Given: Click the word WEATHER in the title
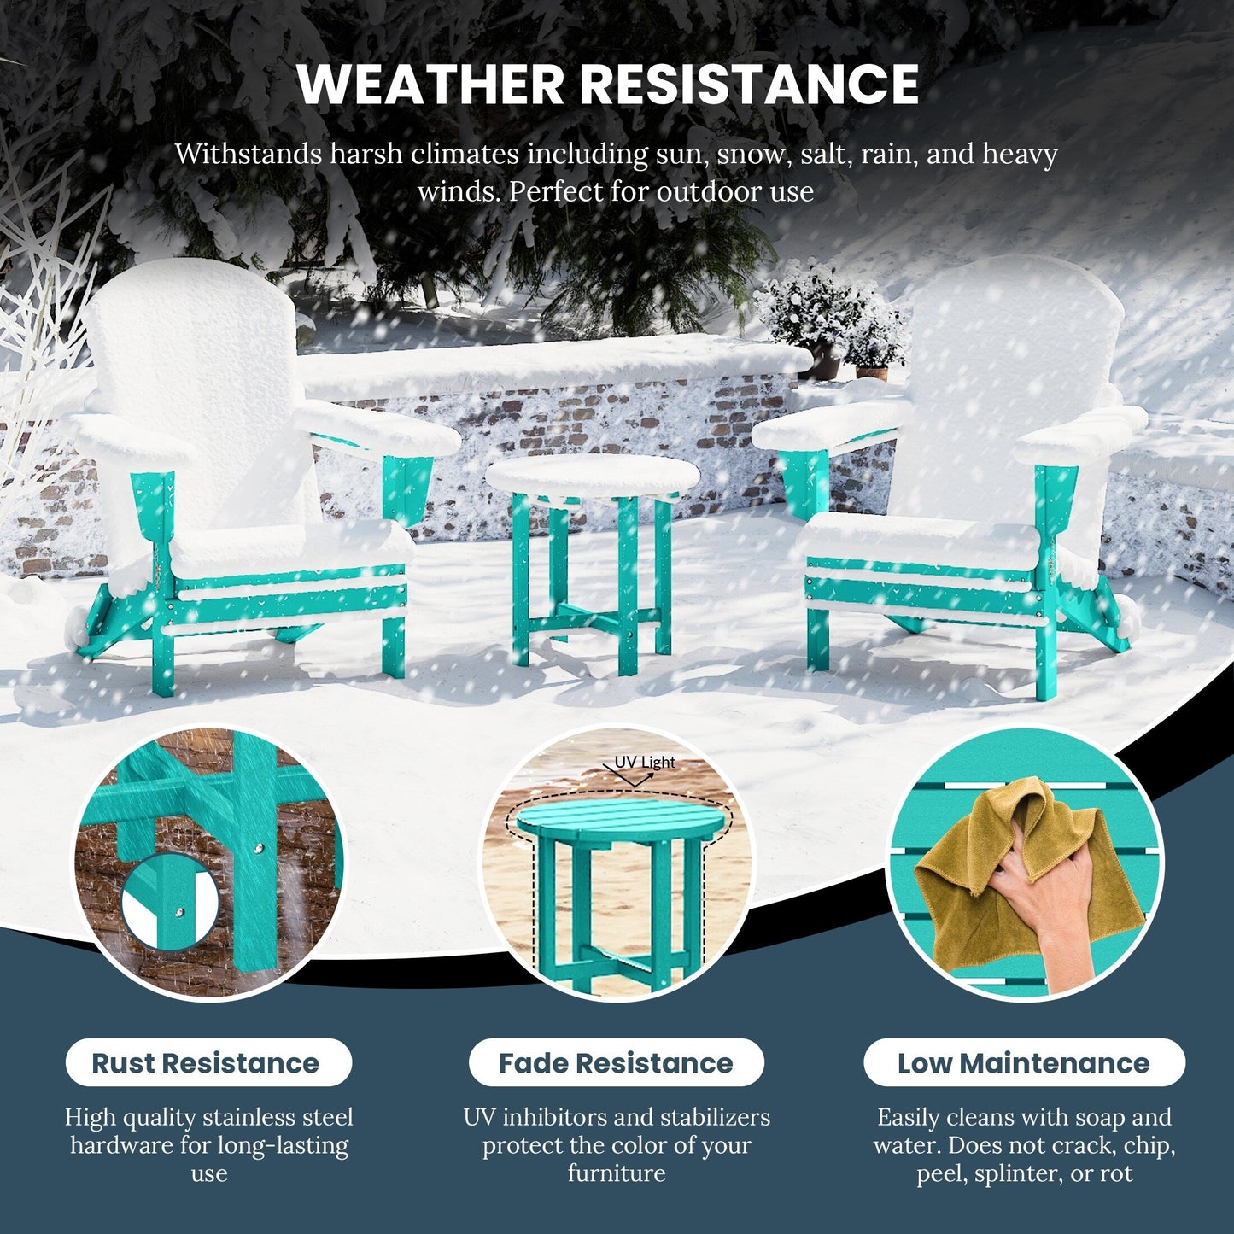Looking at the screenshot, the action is pos(430,83).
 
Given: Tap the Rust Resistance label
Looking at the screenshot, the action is pos(206,1063).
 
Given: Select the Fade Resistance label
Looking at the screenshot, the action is pos(616,1063).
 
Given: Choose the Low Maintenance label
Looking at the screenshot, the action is pos(1024,1063).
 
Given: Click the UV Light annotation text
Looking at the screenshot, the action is pos(645,762).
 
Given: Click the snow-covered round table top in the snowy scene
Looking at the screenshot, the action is pos(593,476).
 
